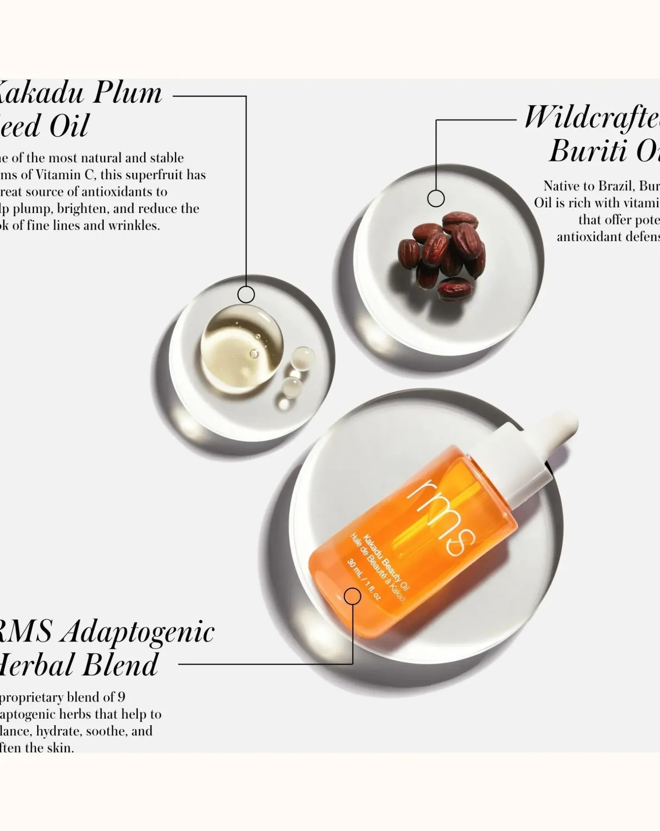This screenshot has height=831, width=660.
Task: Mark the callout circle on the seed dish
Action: [x=436, y=199]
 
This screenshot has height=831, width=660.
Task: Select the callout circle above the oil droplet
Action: [x=246, y=295]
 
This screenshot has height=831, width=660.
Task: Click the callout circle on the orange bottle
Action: [x=352, y=596]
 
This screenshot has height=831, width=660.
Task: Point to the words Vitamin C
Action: [x=65, y=175]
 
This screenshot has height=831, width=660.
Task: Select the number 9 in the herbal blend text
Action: [x=121, y=697]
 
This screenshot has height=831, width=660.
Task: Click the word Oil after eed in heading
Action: [x=69, y=126]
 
